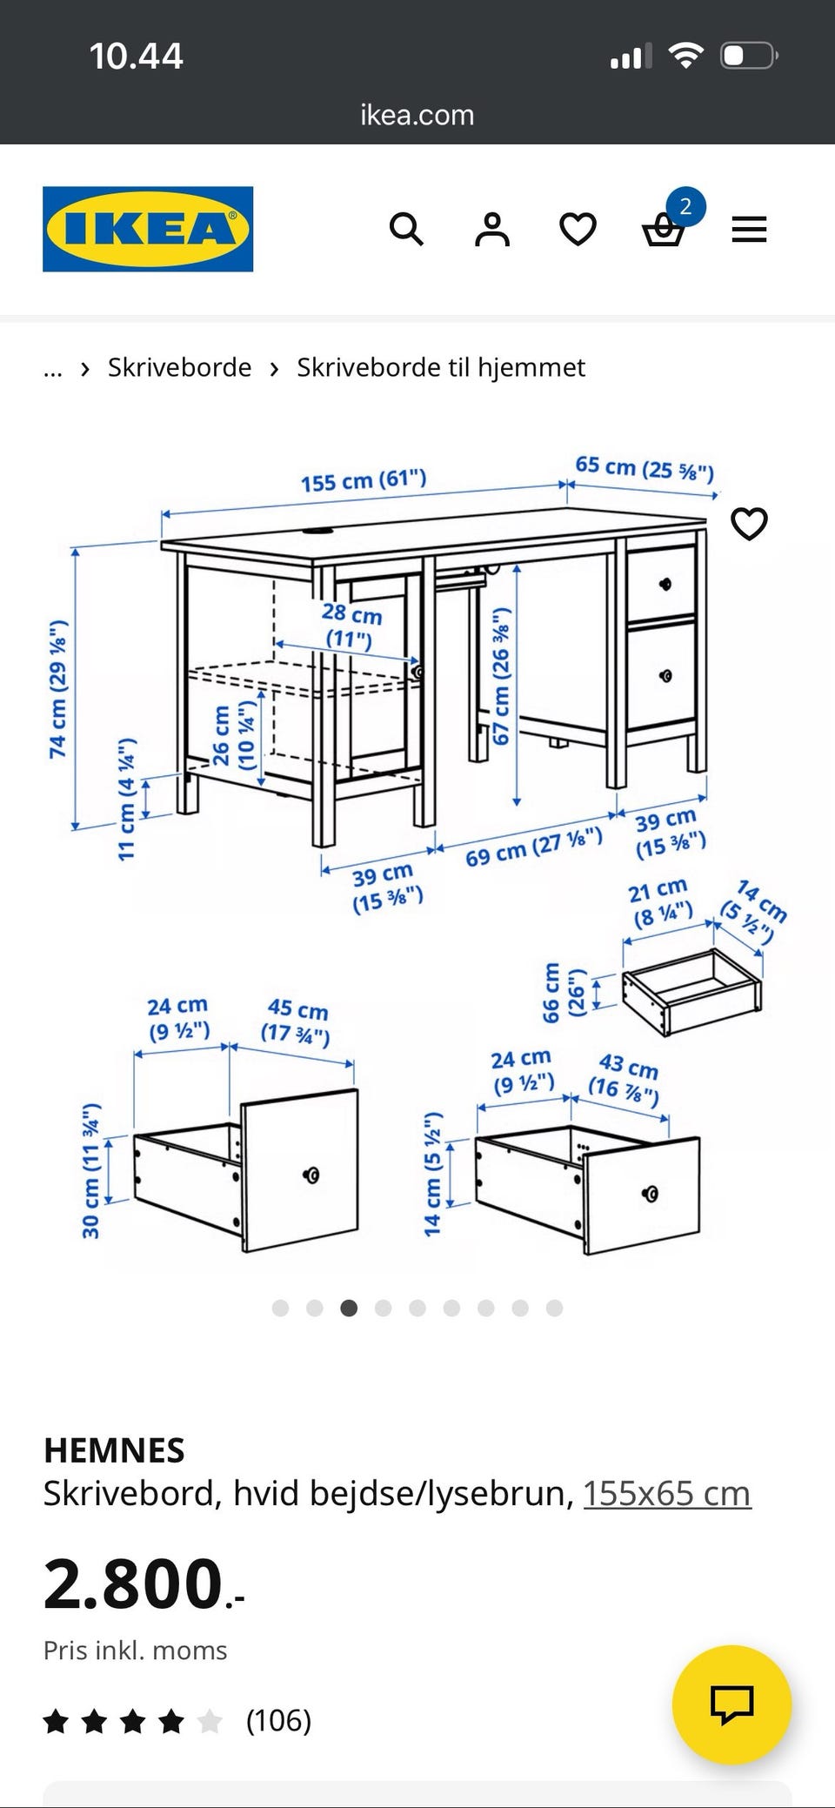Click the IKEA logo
click(148, 229)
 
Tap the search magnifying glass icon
click(406, 230)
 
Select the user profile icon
click(492, 230)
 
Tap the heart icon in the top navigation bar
click(578, 230)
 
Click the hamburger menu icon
click(749, 230)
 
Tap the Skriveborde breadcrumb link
click(179, 367)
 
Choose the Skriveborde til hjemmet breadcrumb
click(441, 367)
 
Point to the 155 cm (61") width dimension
click(364, 480)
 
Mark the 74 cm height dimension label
click(57, 688)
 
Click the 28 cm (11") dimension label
click(351, 626)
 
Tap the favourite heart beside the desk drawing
click(749, 524)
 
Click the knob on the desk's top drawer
click(665, 583)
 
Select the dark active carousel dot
click(349, 1308)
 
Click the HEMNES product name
click(114, 1450)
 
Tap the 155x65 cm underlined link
click(666, 1493)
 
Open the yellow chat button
click(731, 1704)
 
